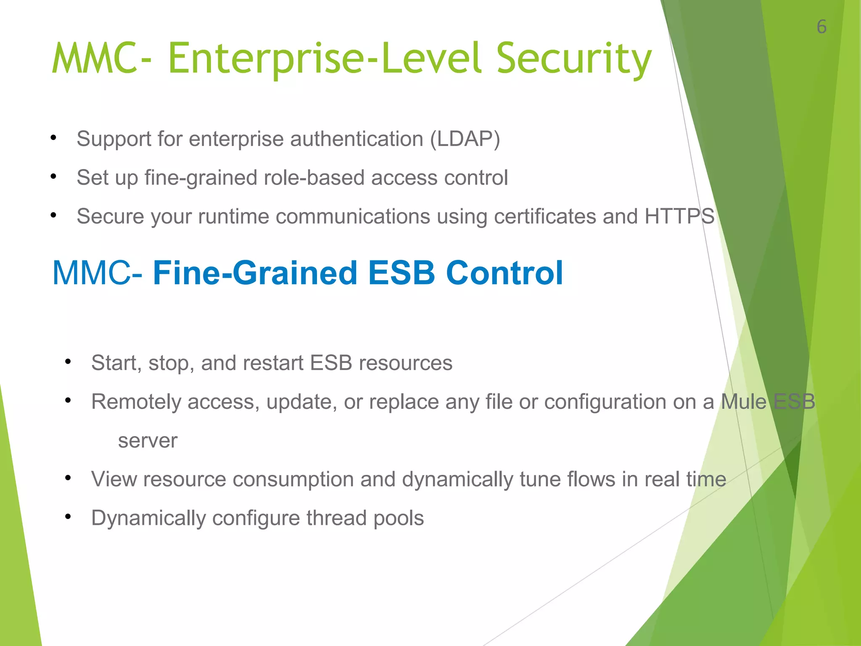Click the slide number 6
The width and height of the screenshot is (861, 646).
click(x=821, y=27)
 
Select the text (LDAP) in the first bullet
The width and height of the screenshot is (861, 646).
click(x=465, y=139)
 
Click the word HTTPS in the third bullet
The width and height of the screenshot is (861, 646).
click(x=679, y=216)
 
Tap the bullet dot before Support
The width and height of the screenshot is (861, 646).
click(x=53, y=138)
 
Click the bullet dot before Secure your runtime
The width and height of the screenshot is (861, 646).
click(x=53, y=215)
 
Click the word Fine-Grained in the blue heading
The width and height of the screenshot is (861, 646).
click(x=255, y=273)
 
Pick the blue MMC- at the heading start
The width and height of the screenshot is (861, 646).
click(x=97, y=273)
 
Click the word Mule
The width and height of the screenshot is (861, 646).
click(x=744, y=402)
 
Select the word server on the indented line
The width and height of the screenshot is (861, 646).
click(x=148, y=441)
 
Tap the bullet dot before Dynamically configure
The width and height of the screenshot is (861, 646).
click(x=68, y=517)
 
